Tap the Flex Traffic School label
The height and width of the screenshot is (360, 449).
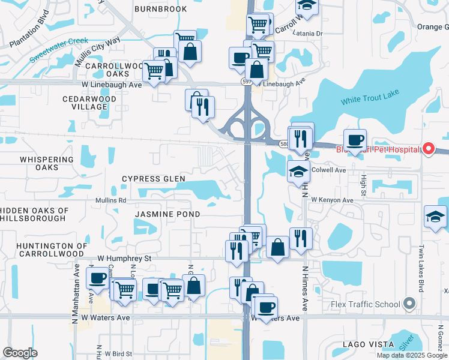[x=365, y=304]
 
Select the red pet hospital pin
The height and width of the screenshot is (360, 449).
[x=429, y=149]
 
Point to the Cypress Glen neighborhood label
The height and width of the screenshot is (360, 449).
[x=154, y=179]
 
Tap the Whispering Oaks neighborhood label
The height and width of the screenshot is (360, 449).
[x=47, y=163]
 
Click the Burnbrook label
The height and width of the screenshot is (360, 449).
[x=160, y=9]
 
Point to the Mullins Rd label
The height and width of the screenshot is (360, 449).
[x=110, y=200]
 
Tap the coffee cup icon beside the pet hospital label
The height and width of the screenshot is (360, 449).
[x=355, y=140]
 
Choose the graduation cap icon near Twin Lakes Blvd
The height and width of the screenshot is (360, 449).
[x=435, y=217]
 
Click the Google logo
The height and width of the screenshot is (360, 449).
[x=20, y=353]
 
